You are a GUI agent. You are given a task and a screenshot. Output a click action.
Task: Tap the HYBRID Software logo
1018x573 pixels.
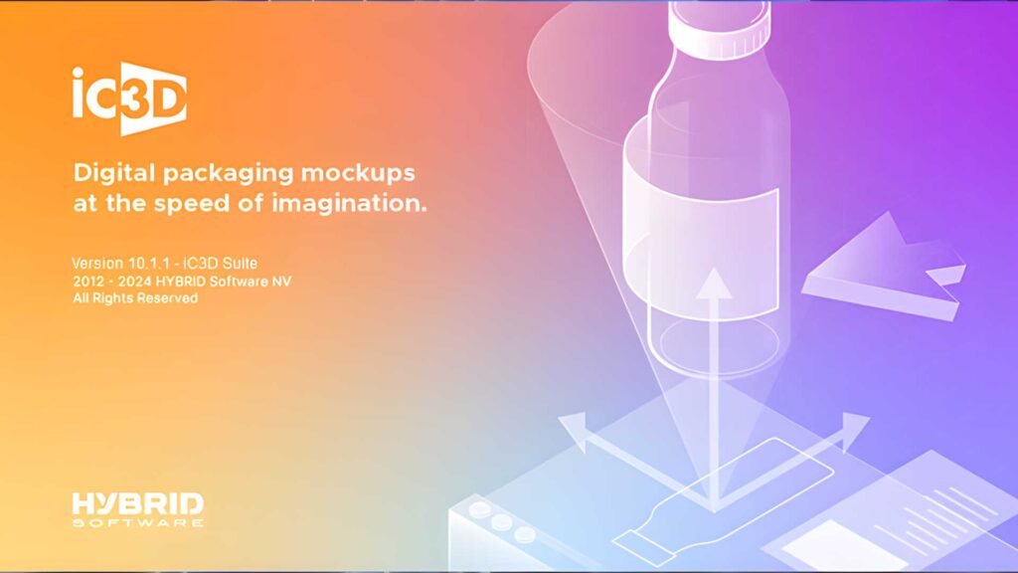tap(137, 507)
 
